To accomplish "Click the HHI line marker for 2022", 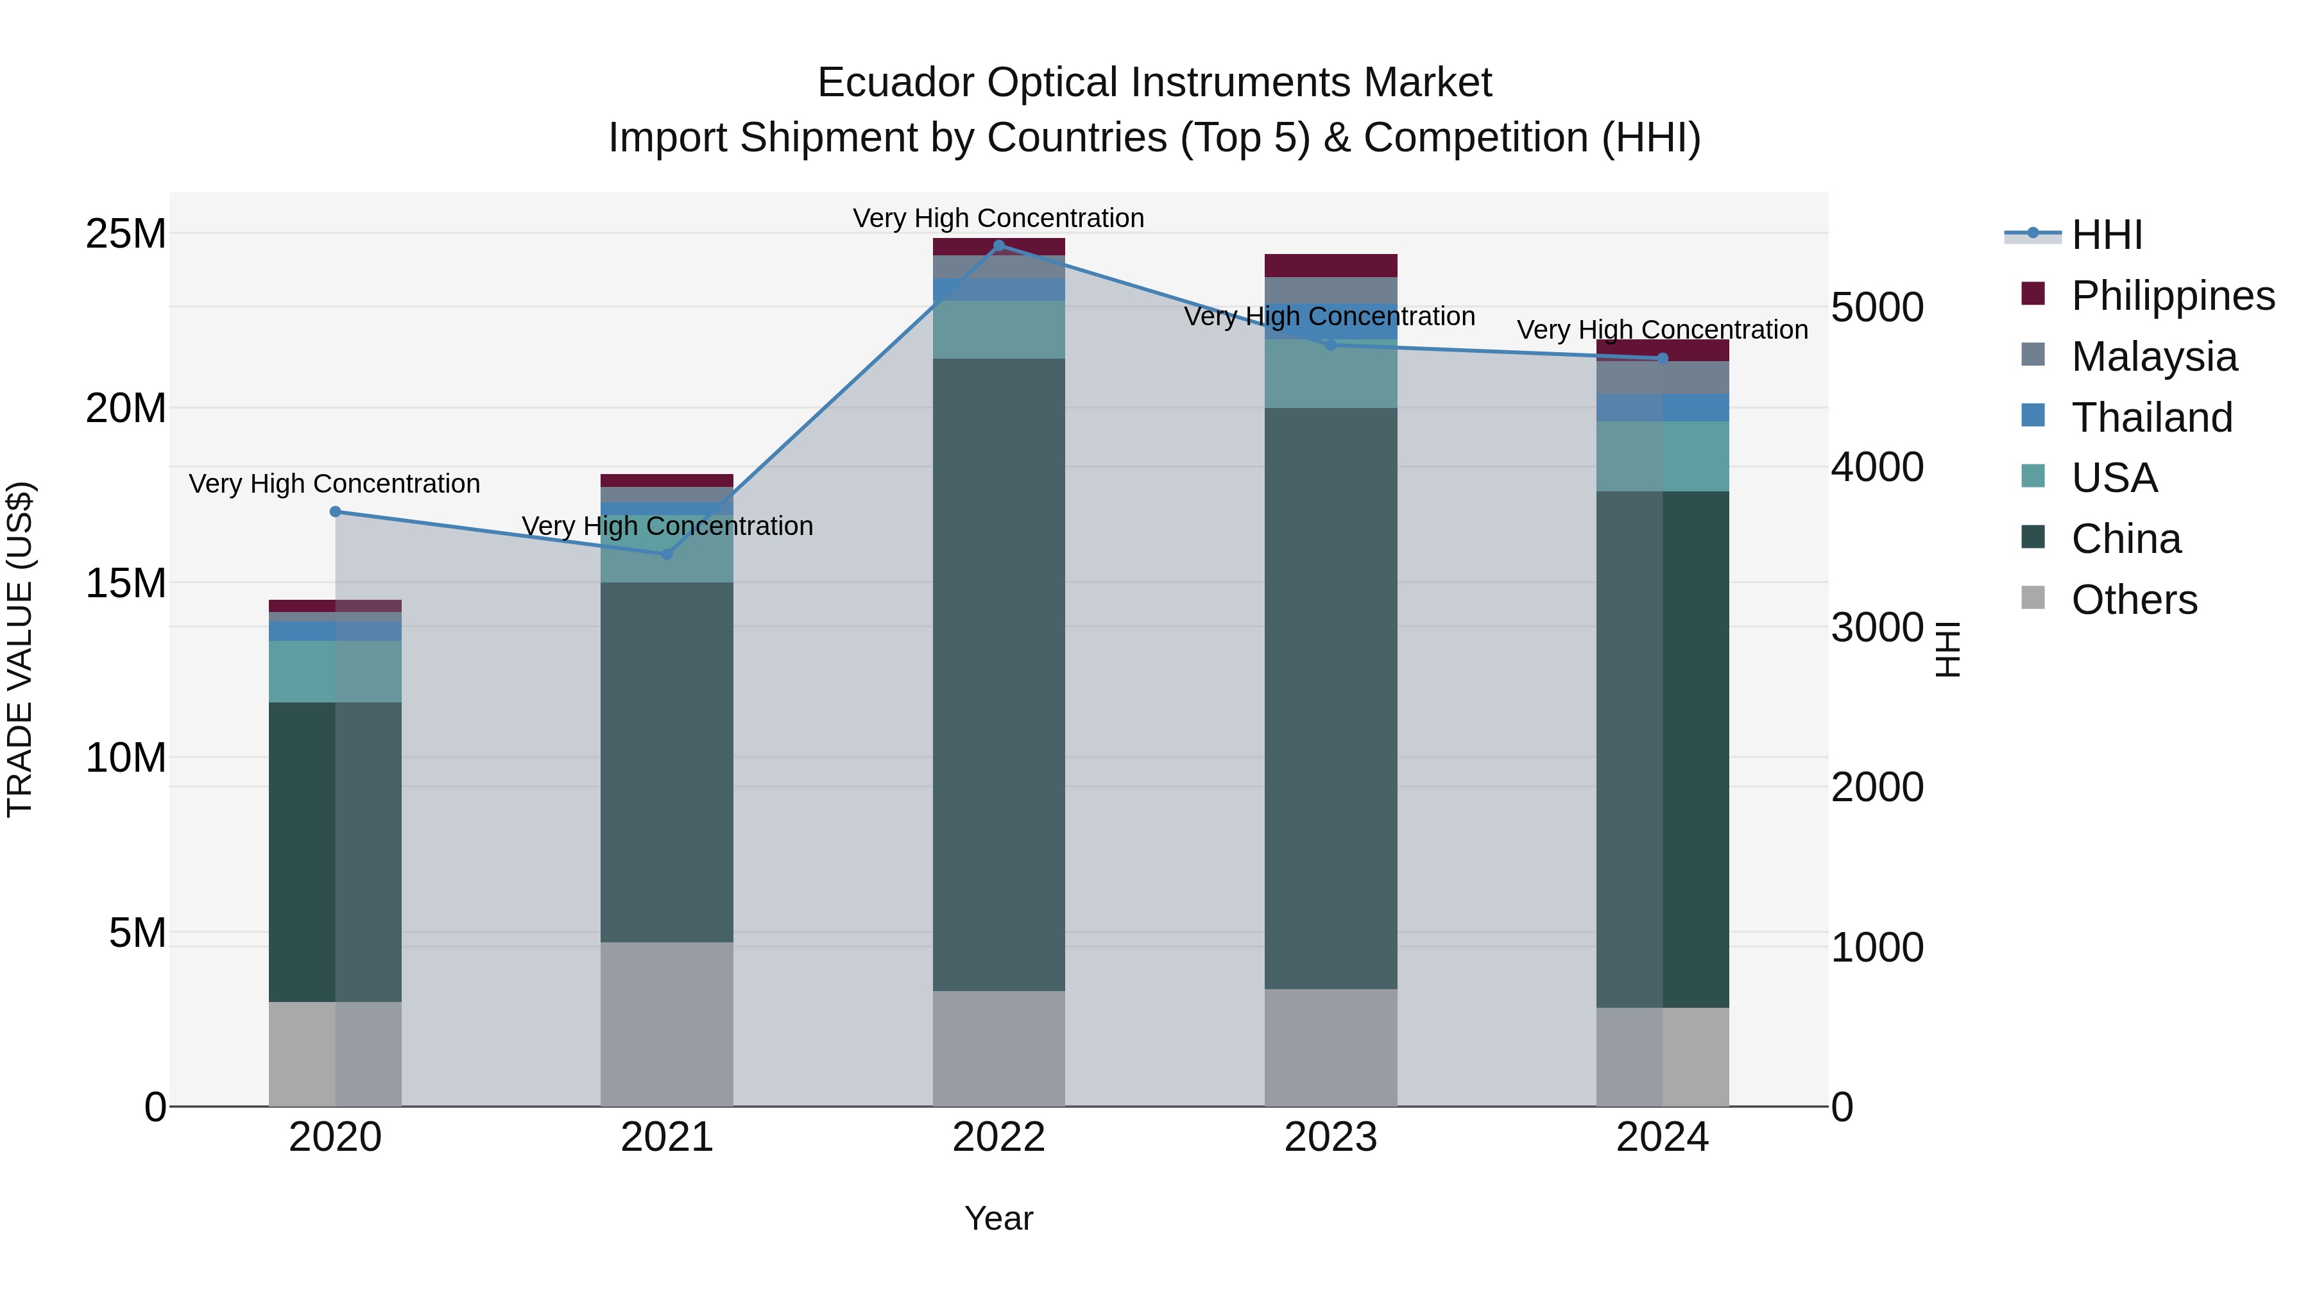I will pos(999,246).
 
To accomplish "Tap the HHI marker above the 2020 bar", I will pos(336,512).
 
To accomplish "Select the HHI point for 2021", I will pos(666,555).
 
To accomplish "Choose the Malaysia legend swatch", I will pos(2033,355).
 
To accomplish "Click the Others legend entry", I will pos(2134,600).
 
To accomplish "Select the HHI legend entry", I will pos(2107,235).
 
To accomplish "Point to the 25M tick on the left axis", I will pos(126,234).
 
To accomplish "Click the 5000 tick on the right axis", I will pos(1876,307).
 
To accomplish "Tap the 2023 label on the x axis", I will pos(1330,1137).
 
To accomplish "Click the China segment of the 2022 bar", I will pos(999,672).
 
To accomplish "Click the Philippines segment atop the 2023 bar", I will pos(1330,266).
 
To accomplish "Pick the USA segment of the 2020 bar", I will pos(336,672).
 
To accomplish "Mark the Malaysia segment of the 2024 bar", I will pos(1662,377).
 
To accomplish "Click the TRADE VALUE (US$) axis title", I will pos(20,649).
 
